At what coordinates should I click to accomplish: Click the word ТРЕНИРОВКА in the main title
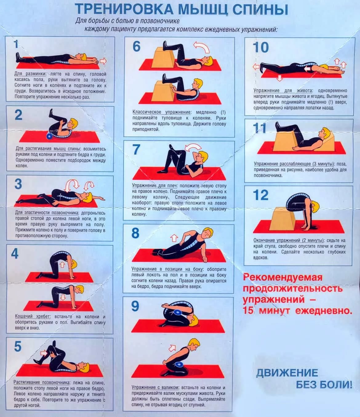[x=124, y=9]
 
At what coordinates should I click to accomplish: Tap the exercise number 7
[x=136, y=149]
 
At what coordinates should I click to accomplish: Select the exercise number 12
[x=261, y=195]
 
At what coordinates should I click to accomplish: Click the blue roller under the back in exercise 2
[x=49, y=136]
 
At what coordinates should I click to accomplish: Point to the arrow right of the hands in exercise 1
[x=103, y=61]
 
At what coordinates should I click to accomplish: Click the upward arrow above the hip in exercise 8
[x=174, y=238]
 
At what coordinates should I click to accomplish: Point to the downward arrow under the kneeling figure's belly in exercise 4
[x=63, y=297]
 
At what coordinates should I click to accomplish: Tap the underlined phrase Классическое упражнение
[x=161, y=112]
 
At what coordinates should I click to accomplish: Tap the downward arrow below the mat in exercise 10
[x=280, y=78]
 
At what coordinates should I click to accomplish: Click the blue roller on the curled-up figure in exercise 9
[x=178, y=313]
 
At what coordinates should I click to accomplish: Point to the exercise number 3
[x=18, y=184]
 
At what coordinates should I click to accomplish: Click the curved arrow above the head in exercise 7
[x=193, y=148]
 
